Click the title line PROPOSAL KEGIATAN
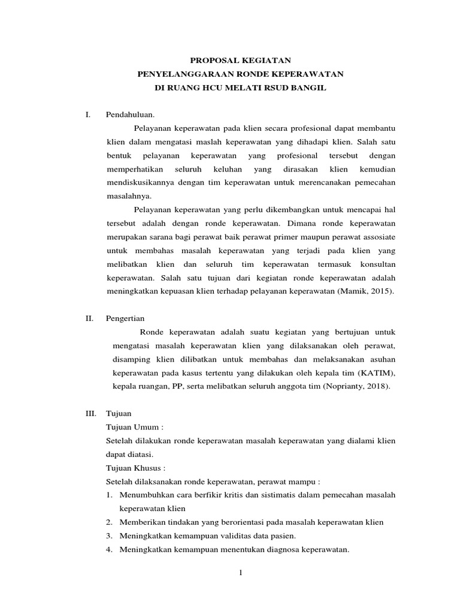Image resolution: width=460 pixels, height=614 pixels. point(240,61)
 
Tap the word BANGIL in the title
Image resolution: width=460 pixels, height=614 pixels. point(309,88)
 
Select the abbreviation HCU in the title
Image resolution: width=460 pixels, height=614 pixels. point(213,88)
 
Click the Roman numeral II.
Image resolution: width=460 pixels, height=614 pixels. point(89,319)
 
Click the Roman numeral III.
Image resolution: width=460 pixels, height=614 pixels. point(90,414)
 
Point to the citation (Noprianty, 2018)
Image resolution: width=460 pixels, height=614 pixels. point(356,387)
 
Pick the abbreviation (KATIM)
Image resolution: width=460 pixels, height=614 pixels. point(375,373)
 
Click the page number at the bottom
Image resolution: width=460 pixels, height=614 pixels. point(240,573)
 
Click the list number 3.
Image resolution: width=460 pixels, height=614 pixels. point(110,536)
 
